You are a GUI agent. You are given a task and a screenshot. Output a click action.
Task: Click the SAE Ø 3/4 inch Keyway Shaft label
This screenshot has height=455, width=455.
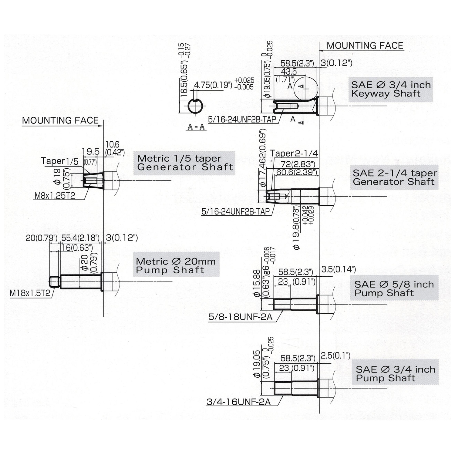[391, 89]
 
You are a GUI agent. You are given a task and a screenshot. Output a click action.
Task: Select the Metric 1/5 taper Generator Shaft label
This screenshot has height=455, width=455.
[184, 163]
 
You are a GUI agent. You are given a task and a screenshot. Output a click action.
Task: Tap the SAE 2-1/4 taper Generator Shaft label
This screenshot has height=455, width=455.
[394, 177]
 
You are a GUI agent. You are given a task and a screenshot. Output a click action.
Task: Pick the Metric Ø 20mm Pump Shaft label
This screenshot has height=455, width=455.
[176, 266]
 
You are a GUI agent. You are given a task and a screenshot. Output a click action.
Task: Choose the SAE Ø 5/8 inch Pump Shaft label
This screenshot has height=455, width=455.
[394, 289]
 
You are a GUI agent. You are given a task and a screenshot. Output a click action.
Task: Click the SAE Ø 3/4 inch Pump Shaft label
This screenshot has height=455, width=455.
[395, 374]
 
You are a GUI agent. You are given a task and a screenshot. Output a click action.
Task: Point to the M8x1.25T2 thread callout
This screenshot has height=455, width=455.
[55, 196]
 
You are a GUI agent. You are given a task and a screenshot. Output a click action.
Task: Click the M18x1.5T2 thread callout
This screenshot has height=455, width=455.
[30, 293]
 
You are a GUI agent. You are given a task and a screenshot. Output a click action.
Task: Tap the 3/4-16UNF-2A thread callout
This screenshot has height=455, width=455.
[238, 402]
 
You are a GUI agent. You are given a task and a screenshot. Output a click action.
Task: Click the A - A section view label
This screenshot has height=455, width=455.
[196, 128]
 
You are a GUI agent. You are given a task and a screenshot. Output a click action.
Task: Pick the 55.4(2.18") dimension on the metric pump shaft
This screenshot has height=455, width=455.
[80, 238]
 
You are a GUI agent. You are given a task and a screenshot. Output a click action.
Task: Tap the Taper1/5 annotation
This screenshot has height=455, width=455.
[59, 161]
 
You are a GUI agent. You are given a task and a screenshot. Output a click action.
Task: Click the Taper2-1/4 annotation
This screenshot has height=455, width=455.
[294, 153]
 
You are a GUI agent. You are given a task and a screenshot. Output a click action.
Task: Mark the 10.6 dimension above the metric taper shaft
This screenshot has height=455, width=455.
[112, 144]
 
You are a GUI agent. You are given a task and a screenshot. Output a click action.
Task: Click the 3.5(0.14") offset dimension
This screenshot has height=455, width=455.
[338, 269]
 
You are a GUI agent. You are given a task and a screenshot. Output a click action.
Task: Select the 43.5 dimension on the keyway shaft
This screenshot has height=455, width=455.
[289, 72]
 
